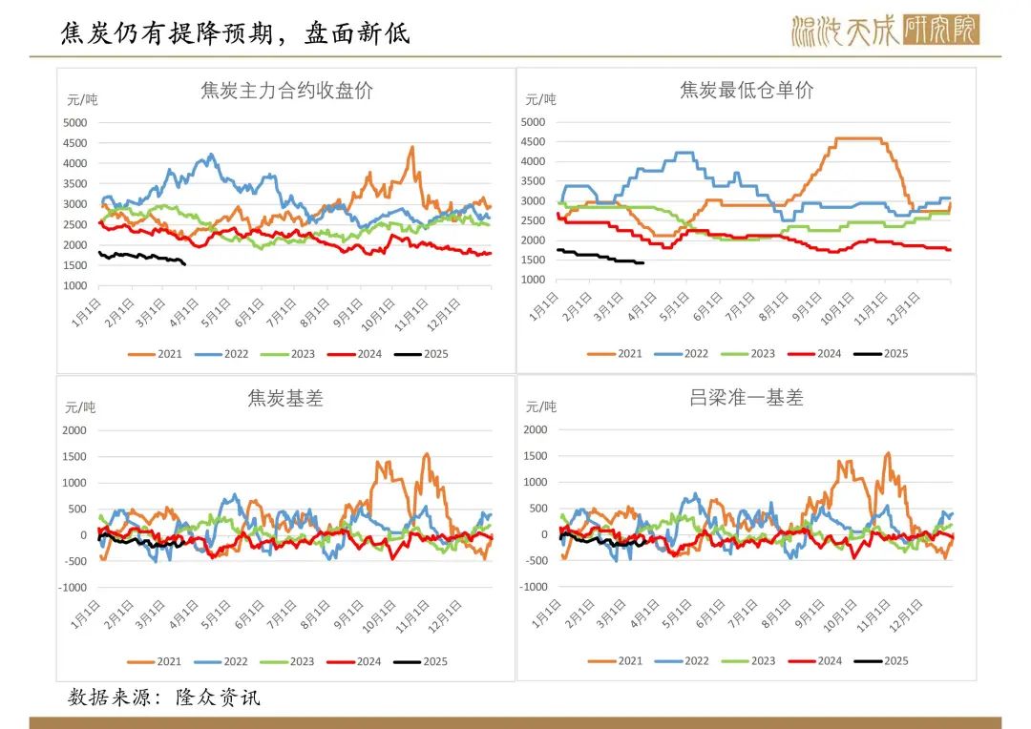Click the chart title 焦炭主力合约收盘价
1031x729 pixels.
286,92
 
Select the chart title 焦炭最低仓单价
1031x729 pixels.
747,91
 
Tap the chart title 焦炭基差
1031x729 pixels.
285,399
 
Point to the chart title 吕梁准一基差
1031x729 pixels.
747,398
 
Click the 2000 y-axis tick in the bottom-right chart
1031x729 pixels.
535,429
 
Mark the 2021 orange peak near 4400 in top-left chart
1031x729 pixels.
411,147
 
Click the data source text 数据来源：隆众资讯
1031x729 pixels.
164,698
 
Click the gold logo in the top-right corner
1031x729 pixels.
884,31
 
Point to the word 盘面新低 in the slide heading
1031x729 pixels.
357,33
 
